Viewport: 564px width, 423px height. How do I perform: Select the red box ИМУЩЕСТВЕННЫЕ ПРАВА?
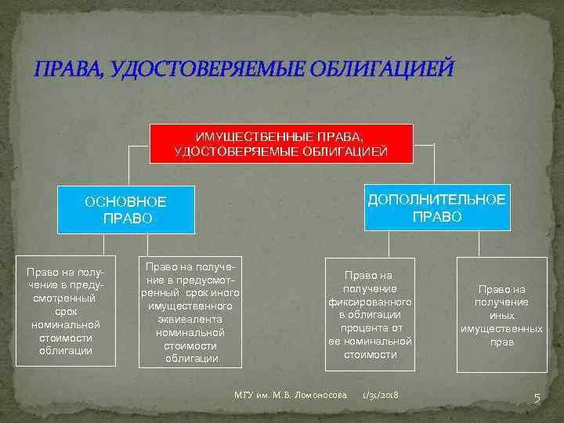coord(280,144)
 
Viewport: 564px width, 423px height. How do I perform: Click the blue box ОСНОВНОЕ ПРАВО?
coord(125,209)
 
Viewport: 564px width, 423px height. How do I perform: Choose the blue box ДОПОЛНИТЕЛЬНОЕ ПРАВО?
coord(437,207)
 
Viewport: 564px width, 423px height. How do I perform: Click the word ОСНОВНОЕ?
coord(125,201)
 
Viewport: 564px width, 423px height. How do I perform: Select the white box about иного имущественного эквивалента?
coord(190,312)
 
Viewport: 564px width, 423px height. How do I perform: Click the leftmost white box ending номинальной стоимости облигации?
coord(66,310)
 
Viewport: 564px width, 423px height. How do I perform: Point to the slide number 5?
coord(537,397)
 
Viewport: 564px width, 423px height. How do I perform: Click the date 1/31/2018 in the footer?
coord(380,396)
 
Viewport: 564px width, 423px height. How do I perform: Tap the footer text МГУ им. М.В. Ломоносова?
coord(291,396)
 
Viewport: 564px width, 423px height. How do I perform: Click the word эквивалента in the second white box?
coord(190,319)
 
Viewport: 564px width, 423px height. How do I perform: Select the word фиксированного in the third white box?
coord(370,301)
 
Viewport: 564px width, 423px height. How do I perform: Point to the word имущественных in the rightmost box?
coord(501,329)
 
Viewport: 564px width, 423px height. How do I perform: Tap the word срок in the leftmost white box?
coord(66,311)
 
